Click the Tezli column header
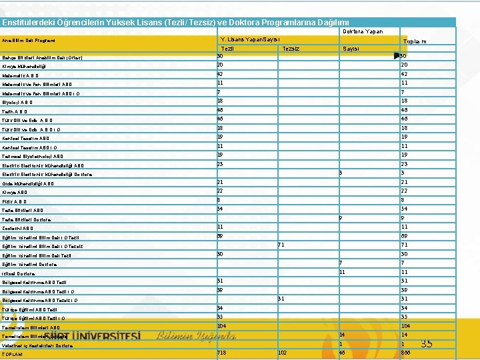227,49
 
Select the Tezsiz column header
291,49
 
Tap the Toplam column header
414,42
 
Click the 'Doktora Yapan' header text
363,31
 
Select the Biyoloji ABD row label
17,103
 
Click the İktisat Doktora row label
19,273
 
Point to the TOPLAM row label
13,355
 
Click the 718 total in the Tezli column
222,352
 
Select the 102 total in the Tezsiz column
282,352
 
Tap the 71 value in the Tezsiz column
281,245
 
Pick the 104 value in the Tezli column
222,325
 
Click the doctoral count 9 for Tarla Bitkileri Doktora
340,217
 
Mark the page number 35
427,344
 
